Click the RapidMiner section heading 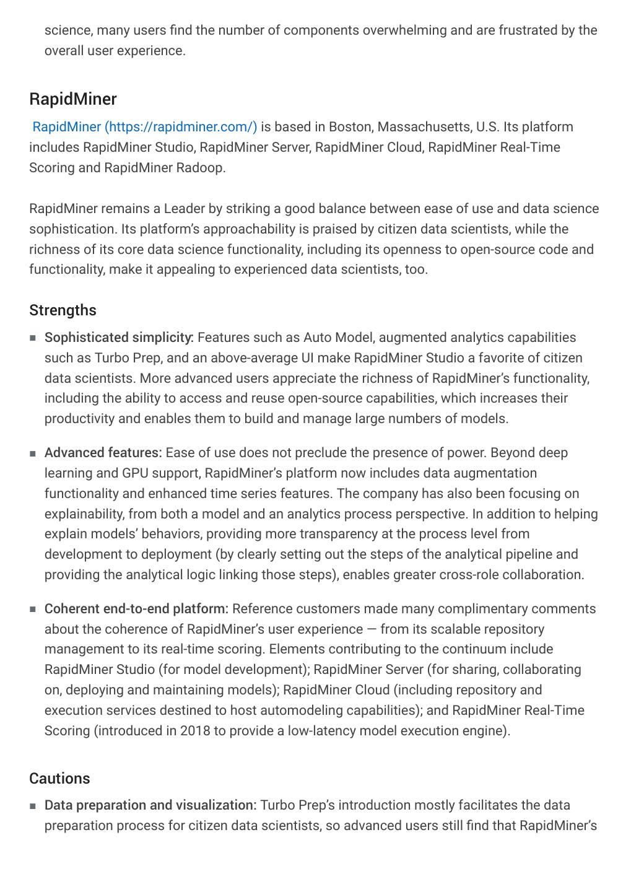click(73, 99)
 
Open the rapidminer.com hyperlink click(144, 127)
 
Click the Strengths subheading click(63, 310)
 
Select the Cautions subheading click(59, 779)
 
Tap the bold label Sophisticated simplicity click(119, 338)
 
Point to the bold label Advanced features click(103, 453)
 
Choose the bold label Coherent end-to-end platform click(136, 609)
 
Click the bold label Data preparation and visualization click(150, 805)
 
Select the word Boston click(349, 127)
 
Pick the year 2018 click(195, 731)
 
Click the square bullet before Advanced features click(32, 453)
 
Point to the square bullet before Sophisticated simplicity click(32, 338)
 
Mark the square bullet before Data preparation click(32, 806)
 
